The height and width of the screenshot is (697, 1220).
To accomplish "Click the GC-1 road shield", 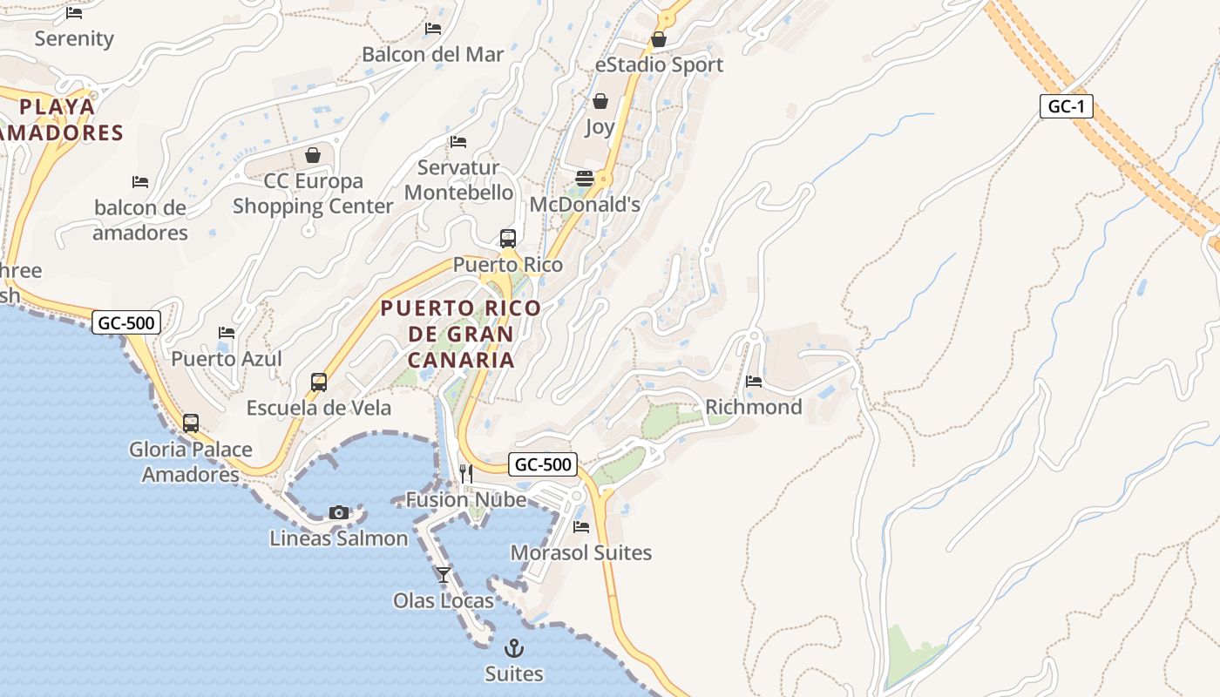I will pos(1067,106).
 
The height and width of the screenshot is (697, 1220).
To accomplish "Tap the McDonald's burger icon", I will pos(585,179).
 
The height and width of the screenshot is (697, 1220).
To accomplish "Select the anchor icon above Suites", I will pos(514,648).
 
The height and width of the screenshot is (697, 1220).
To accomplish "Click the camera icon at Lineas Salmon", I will pos(339,512).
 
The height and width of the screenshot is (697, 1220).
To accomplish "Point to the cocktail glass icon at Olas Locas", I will pos(444,574).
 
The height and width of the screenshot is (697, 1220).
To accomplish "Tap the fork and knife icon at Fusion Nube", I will pos(466,473).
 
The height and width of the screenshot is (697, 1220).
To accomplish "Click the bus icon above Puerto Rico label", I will pos(508,238).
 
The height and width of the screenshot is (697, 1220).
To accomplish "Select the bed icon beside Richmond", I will pos(754,381).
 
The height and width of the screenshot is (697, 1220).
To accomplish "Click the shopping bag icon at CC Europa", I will pos(313,155).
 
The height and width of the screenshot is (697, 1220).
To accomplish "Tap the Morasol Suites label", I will pos(580,552).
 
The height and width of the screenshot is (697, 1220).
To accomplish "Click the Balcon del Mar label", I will pos(433,54).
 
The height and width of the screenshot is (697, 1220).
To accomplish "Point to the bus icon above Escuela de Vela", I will pos(319,382).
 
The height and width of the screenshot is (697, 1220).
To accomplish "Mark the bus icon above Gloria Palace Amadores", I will pos(191,423).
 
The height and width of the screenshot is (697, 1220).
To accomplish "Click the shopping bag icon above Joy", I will pos(600,101).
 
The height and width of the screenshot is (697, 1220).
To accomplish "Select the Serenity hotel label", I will pos(74,38).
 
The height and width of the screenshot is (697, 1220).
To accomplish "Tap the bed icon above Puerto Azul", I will pos(227,332).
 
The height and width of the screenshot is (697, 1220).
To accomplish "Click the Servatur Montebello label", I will pos(458,179).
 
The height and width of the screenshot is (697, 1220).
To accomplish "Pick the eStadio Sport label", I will pos(659,64).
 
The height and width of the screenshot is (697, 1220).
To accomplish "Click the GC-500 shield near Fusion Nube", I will pos(542,464).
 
